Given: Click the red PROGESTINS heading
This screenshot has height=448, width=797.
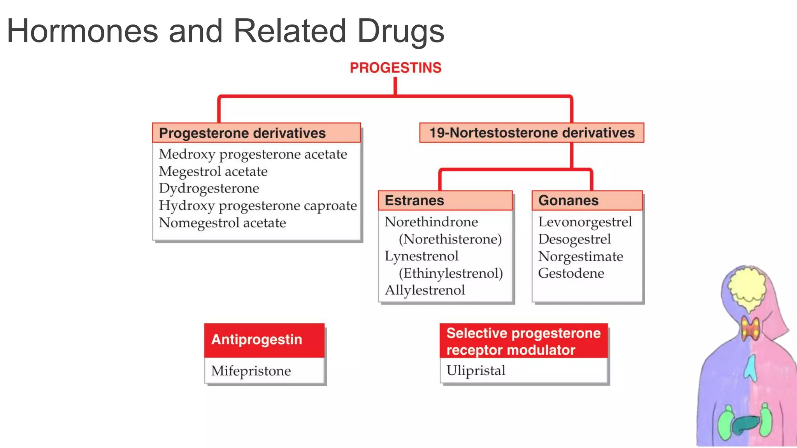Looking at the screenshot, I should tap(395, 68).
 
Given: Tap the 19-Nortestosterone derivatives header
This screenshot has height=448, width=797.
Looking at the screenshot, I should tap(532, 133).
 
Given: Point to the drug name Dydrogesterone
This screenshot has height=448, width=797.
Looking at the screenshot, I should tap(209, 188).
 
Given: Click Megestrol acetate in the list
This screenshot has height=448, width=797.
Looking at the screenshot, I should tap(213, 171).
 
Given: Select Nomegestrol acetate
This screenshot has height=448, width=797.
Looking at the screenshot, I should tap(222, 222).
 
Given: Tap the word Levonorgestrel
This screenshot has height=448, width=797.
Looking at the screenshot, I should tap(585, 222).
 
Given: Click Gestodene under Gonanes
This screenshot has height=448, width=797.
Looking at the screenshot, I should tap(571, 273).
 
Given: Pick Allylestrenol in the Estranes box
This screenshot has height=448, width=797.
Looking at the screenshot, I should tap(425, 290).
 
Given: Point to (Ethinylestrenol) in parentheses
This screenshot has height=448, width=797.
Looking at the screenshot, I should tap(451, 273).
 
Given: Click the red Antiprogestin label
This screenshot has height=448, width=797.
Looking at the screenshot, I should tap(257, 339).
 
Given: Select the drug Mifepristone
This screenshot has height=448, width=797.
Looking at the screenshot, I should tap(251, 371).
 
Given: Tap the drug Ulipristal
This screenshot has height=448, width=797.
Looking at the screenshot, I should tap(476, 370).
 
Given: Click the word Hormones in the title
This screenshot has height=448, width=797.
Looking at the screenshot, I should tap(83, 31).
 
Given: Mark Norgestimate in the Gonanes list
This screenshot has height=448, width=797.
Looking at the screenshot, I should tap(581, 256).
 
